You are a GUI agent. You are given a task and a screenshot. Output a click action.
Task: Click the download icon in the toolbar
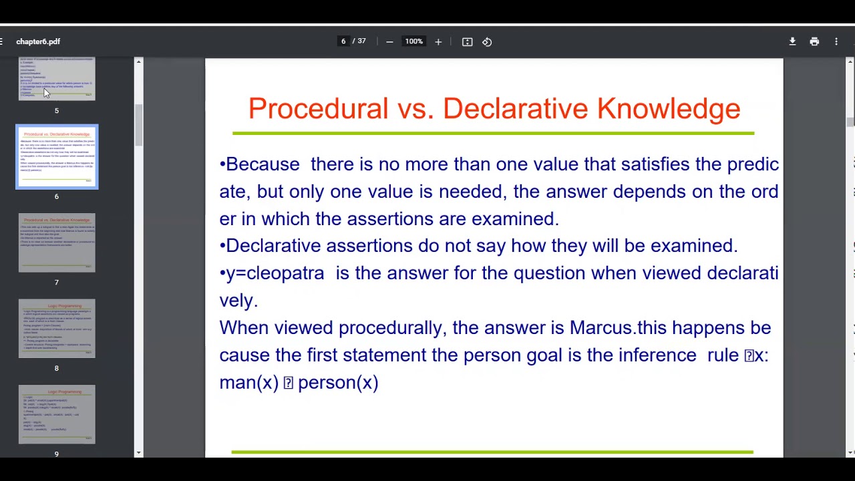click(792, 41)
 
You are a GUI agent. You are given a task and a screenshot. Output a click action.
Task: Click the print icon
click(814, 41)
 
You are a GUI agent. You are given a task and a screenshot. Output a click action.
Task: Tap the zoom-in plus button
click(438, 41)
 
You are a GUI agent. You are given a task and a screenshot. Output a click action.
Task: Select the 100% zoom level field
click(413, 41)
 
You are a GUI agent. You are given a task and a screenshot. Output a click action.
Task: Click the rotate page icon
click(487, 41)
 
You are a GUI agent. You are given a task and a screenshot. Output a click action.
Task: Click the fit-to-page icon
click(468, 41)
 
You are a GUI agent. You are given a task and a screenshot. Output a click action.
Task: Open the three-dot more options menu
click(836, 41)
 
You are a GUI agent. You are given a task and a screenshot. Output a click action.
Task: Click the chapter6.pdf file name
click(38, 41)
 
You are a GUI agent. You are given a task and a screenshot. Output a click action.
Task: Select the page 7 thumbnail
click(57, 243)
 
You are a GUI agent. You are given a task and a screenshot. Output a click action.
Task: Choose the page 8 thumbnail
click(57, 329)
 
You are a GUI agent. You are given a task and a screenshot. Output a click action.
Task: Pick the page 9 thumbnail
click(57, 414)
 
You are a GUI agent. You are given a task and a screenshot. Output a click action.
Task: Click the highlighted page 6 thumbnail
click(57, 157)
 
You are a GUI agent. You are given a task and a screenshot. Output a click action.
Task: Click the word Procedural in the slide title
click(318, 109)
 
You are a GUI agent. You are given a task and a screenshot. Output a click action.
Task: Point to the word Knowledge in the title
click(669, 109)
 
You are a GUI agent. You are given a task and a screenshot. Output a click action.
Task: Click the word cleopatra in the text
click(285, 273)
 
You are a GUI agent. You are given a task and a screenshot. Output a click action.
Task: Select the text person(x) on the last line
click(338, 383)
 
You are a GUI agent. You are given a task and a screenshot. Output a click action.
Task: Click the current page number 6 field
click(343, 41)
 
